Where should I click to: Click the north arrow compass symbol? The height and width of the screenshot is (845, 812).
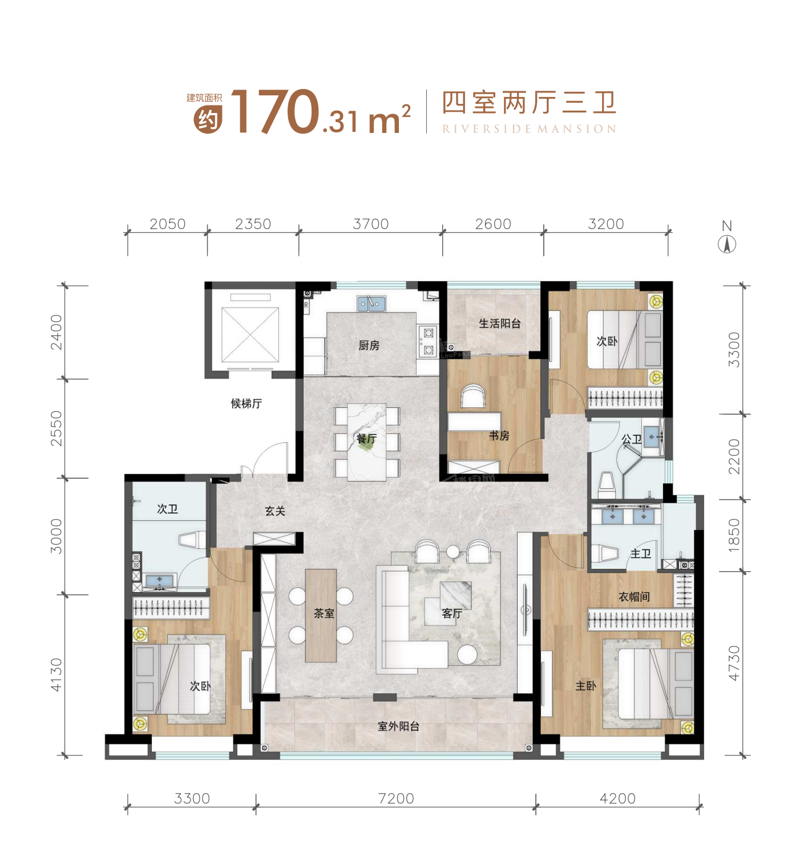[726, 244]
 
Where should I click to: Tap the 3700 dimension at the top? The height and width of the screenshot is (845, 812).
[370, 224]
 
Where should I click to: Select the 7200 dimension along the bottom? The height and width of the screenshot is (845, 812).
[395, 798]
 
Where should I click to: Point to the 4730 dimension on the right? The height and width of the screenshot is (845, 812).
[734, 663]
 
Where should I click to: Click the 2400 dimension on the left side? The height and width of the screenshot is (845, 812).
[56, 331]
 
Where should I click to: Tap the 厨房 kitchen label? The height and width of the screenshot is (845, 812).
[369, 345]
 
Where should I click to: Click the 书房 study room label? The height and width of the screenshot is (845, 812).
[499, 436]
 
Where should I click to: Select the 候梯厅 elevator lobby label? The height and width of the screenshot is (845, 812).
[246, 403]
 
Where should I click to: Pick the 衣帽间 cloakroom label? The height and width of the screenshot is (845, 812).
[634, 597]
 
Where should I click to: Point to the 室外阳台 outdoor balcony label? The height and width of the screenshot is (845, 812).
[398, 726]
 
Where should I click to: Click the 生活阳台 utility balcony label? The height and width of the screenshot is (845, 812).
[499, 324]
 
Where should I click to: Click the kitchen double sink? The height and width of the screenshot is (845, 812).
[371, 304]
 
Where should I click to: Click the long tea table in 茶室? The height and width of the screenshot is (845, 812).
[321, 615]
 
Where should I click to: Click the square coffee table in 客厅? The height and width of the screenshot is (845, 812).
[455, 595]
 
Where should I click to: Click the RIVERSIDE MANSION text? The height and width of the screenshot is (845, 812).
[529, 129]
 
